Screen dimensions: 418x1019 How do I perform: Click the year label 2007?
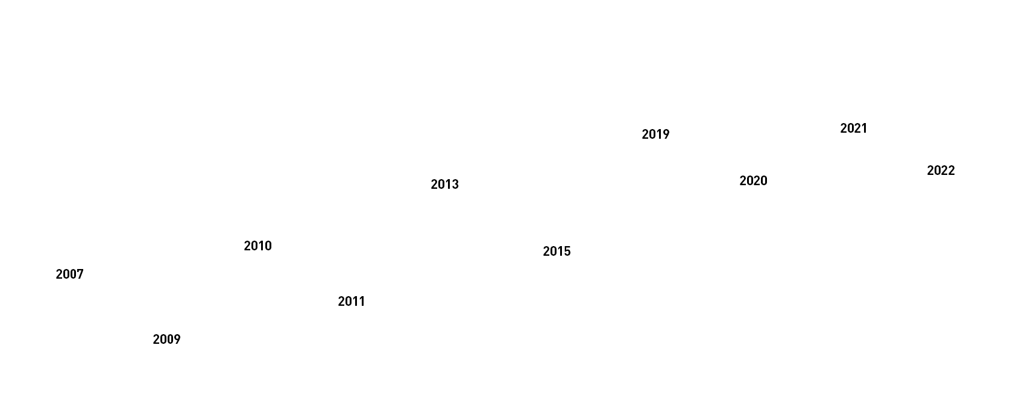[x=69, y=274]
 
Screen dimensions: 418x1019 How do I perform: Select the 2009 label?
[x=166, y=340]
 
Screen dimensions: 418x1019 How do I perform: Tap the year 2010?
[x=257, y=246]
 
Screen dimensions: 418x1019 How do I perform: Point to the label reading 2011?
[x=351, y=302]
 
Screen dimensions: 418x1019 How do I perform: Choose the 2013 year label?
[x=444, y=185]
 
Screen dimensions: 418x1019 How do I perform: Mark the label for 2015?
[x=557, y=252]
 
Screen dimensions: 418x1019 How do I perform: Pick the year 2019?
[x=655, y=135]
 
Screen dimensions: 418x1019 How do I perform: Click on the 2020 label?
[x=753, y=181]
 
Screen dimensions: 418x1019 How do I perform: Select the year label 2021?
[x=853, y=128]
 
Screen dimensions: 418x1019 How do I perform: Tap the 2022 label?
[x=941, y=171]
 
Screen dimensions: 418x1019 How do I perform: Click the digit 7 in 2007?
[x=80, y=274]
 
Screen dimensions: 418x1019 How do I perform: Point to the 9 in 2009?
[x=177, y=340]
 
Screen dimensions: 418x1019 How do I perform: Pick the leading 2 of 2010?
[x=247, y=246]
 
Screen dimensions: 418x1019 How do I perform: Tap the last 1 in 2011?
[x=362, y=302]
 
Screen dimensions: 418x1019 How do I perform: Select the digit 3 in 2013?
[x=455, y=185]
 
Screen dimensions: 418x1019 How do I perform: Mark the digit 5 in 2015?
[x=567, y=252]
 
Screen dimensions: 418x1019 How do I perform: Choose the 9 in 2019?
[x=666, y=135]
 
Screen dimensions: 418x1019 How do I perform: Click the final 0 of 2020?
[x=764, y=181]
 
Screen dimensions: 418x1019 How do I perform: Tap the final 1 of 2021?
[x=864, y=128]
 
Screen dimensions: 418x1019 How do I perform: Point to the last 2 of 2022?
[x=951, y=171]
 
